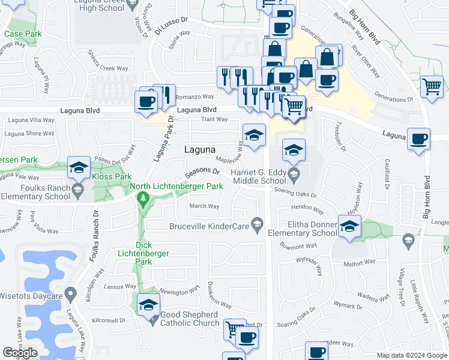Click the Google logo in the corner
[x=20, y=353]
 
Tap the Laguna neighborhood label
[x=200, y=149]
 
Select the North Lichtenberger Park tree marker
[x=143, y=199]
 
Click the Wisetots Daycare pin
[x=71, y=295]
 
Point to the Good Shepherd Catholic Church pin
[x=154, y=319]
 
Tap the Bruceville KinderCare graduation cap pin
[x=258, y=225]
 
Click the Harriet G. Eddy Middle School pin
[x=294, y=176]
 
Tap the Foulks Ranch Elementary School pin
[x=77, y=190]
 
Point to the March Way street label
[x=204, y=206]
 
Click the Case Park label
[x=23, y=34]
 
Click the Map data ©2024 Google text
[x=412, y=355]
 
